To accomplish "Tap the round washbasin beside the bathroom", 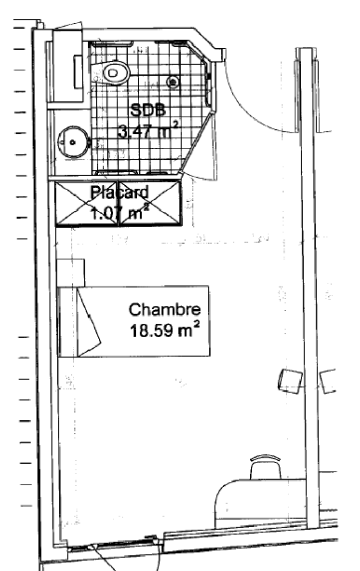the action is coord(73,142).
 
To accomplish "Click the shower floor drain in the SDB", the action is coord(173,82).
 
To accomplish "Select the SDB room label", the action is coord(148,110).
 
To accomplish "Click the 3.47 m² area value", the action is coord(148,130).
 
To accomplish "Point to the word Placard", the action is coord(120,192).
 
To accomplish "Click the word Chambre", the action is coord(164,309).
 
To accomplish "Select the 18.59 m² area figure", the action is coord(164,330).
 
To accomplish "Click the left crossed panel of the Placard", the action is coord(87,204).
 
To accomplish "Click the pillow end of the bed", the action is coord(68,321).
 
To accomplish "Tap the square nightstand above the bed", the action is coord(71,273).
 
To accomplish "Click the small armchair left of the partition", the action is coord(290,381).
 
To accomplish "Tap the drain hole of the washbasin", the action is coord(72,142).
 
